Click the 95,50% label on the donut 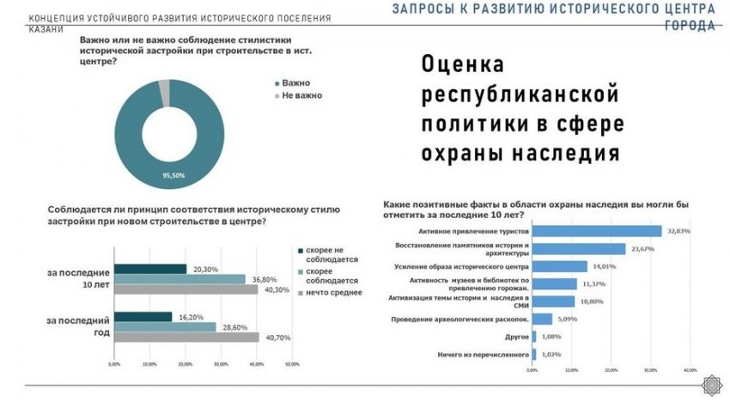pos(173,175)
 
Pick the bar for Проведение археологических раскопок pos(543,319)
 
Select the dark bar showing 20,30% pos(149,269)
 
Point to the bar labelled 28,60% pos(164,327)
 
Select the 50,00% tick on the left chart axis pos(292,364)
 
